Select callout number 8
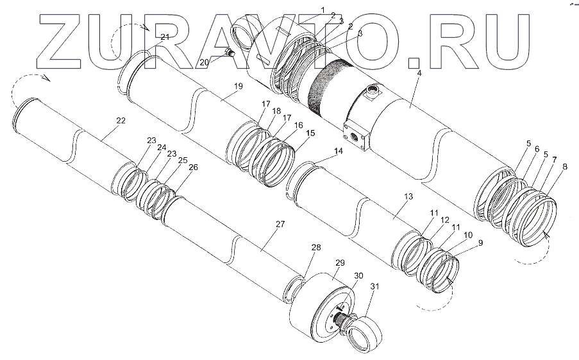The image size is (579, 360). pos(564,167)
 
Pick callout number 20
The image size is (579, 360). pos(203,62)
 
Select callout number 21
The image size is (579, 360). pos(165,37)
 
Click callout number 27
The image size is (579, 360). pos(279,224)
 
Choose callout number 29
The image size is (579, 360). pos(339,263)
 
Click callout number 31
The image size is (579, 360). pos(375,287)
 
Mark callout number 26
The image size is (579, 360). pos(193,168)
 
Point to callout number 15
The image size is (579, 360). pos(310,133)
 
